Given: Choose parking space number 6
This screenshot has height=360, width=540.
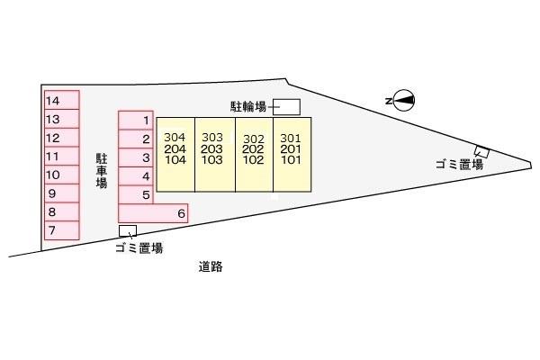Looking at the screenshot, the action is [x=153, y=213].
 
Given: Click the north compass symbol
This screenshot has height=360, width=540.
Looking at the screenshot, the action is [x=402, y=101].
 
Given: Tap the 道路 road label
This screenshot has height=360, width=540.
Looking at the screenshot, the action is [x=211, y=266].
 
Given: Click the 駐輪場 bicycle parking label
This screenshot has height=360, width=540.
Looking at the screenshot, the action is [x=247, y=107].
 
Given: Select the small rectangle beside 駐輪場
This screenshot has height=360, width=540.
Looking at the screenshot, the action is [x=286, y=107].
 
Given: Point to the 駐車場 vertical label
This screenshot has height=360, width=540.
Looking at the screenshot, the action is [x=102, y=170].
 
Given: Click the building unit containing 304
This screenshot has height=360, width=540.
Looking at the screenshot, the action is [x=175, y=153].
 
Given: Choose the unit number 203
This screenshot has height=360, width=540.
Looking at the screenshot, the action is [x=212, y=148].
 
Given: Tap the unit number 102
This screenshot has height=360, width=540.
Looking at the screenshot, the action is [x=253, y=160].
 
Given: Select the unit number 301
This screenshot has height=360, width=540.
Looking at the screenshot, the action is [x=291, y=138].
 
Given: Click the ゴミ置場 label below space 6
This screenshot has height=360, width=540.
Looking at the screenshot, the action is [x=139, y=248].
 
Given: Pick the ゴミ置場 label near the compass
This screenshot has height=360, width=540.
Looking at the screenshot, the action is [x=459, y=165].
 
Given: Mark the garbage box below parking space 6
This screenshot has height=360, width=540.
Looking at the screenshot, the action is [x=128, y=230].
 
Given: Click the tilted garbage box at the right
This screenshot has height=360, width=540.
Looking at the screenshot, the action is [x=482, y=151].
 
